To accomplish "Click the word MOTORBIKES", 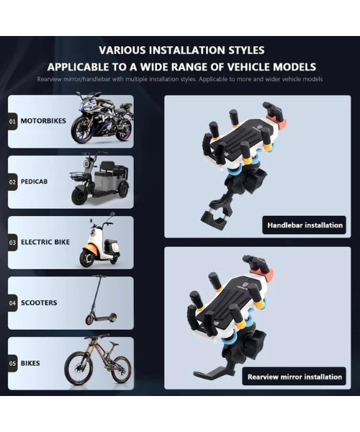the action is (43, 121).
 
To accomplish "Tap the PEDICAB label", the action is (34, 181).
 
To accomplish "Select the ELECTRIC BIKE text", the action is (45, 242).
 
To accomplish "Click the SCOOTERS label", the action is (39, 303).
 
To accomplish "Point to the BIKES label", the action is (30, 363).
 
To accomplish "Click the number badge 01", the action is (12, 121).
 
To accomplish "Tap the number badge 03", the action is (12, 243).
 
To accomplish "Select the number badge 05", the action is (12, 364).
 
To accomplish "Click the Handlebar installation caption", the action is (305, 225).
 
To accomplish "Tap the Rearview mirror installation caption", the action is (294, 377).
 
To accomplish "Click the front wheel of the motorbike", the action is (82, 130).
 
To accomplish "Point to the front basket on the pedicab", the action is (80, 176).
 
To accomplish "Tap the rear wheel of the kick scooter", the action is (112, 318).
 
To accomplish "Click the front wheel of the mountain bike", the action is (77, 369).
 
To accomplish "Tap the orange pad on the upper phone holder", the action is (280, 123).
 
